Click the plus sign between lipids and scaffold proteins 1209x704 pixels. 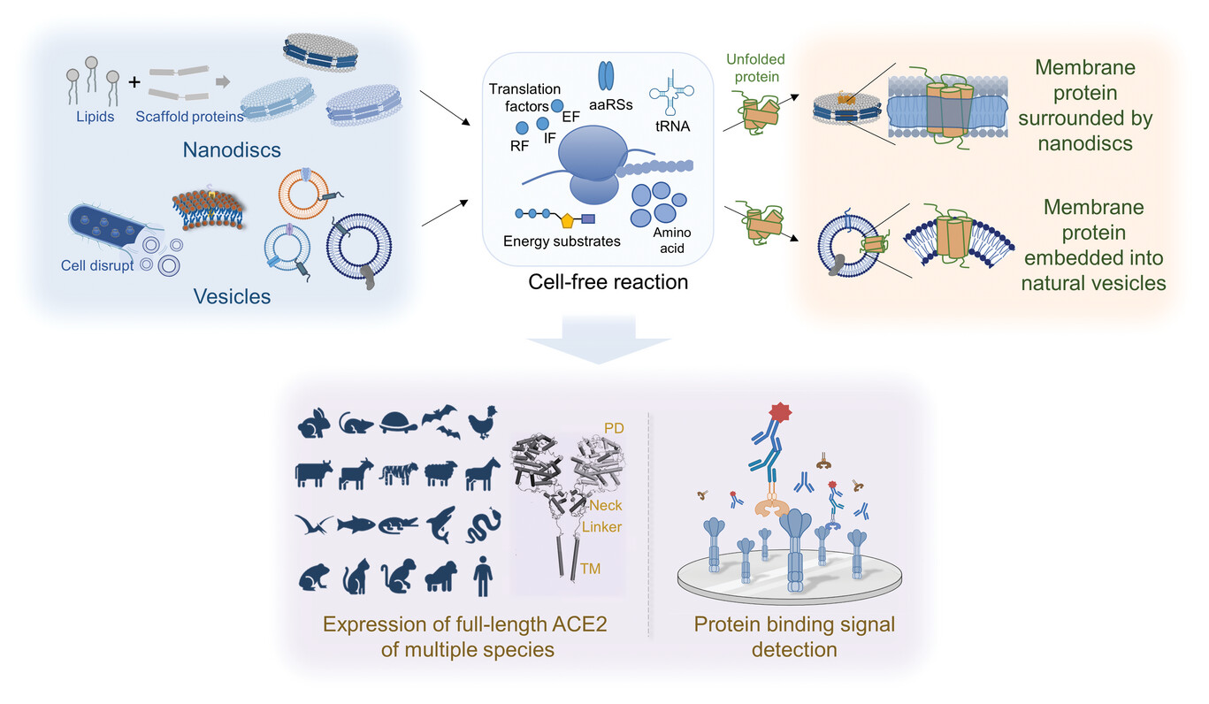134,81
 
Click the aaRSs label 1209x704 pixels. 607,104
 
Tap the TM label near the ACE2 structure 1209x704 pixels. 590,570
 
